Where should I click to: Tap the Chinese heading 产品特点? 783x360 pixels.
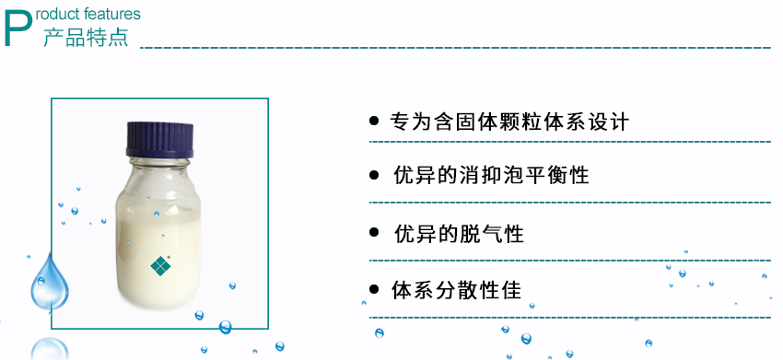pos(86,38)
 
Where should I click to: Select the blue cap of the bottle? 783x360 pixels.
pos(159,139)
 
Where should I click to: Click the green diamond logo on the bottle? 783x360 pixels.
pos(161,266)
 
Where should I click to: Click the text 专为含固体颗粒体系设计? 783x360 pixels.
pos(510,122)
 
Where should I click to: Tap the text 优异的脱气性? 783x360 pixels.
pos(459,234)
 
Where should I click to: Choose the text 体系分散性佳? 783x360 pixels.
pos(458,291)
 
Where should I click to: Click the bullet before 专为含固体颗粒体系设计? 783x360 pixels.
pos(374,121)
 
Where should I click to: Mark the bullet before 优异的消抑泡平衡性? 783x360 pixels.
pos(374,174)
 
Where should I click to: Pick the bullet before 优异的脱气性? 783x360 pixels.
pos(374,233)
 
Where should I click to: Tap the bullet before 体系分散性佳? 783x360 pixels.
pos(374,290)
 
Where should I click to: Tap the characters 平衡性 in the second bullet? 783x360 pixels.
pos(563,175)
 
